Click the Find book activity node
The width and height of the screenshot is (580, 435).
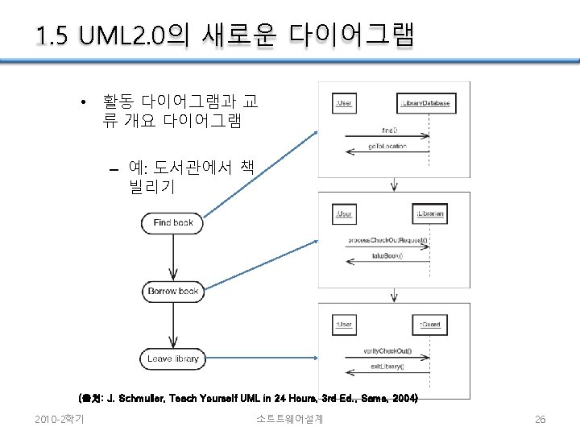[x=172, y=222]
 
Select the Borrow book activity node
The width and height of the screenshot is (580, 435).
[x=172, y=291]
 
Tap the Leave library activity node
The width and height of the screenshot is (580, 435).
[x=172, y=358]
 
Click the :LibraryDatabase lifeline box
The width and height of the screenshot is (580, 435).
[x=425, y=103]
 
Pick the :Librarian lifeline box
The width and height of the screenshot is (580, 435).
[x=431, y=214]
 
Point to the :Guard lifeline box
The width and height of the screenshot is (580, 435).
[x=430, y=325]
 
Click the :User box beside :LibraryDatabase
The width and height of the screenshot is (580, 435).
[x=344, y=103]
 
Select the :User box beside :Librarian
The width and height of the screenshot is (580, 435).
[x=344, y=214]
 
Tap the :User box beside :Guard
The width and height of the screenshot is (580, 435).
[x=344, y=325]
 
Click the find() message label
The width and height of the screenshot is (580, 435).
[x=389, y=129]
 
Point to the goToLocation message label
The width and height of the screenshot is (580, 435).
[x=387, y=146]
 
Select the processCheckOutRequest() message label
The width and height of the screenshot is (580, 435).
[x=387, y=240]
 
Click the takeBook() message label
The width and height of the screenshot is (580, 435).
[x=387, y=255]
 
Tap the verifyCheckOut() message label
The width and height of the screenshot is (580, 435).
[x=387, y=350]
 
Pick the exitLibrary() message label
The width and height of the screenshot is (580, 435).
[x=387, y=366]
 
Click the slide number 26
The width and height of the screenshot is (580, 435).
[x=541, y=419]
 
